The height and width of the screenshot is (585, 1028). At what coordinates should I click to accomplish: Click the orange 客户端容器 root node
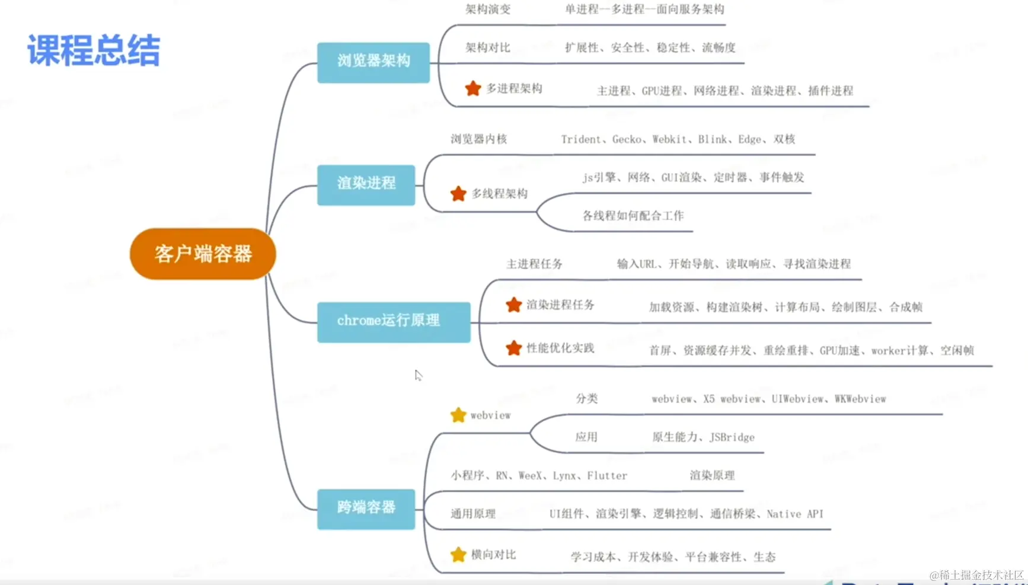(203, 254)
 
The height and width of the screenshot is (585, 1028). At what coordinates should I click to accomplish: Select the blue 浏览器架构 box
(373, 62)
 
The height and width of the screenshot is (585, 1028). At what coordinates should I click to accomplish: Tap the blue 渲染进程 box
(366, 184)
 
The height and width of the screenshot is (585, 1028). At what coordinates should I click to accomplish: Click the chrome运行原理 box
(394, 322)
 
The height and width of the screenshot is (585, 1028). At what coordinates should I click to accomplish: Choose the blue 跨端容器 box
(366, 509)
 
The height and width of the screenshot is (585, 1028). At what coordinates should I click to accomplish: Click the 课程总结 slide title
(94, 50)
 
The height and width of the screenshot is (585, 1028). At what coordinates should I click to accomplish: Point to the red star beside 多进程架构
(473, 89)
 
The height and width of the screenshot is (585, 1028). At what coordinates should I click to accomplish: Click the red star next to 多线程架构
(458, 194)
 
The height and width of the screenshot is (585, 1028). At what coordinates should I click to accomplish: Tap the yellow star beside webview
(458, 415)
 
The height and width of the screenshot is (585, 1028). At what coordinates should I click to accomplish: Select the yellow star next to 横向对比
(458, 555)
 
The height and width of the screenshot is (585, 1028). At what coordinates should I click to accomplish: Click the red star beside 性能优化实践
(513, 349)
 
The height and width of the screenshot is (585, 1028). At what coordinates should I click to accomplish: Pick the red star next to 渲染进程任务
(513, 305)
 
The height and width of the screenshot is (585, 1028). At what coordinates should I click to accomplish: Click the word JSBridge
(732, 437)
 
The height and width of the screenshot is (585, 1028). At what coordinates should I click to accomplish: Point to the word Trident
(580, 139)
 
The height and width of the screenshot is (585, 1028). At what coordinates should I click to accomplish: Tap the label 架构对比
(487, 47)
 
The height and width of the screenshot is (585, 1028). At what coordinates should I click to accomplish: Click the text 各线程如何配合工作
(633, 216)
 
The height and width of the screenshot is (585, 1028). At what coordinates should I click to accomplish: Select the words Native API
(795, 514)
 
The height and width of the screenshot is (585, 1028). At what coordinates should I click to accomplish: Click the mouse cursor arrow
(418, 375)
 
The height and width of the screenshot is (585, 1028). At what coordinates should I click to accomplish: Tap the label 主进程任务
(534, 264)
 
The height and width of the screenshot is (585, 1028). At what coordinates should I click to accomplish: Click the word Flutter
(607, 475)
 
